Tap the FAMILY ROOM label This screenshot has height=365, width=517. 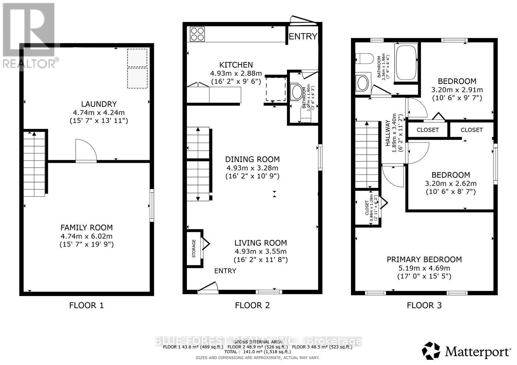click(x=87, y=227)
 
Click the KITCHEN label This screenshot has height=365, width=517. click(x=236, y=65)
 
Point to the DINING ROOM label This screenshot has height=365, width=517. click(x=252, y=159)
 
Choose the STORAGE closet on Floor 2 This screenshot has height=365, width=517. click(x=194, y=249)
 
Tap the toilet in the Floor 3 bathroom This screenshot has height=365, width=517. click(x=365, y=58)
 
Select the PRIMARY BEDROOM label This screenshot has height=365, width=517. click(x=424, y=260)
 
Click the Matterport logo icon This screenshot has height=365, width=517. click(x=431, y=351)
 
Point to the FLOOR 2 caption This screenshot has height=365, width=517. click(x=252, y=305)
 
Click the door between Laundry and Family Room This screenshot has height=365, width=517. click(x=86, y=151)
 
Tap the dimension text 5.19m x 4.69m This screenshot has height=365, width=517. click(x=424, y=268)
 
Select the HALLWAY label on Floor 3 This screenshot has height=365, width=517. click(x=388, y=133)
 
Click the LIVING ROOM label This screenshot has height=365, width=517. click(x=260, y=243)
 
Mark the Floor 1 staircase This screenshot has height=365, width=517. click(x=34, y=164)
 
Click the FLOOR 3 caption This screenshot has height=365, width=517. click(x=424, y=305)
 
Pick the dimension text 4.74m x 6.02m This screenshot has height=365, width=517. click(x=87, y=236)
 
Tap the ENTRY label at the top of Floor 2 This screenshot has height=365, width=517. click(x=303, y=36)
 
